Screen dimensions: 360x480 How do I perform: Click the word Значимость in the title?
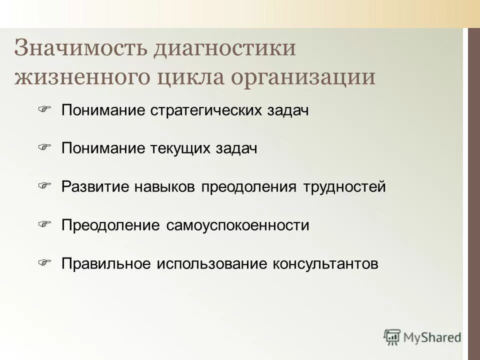click(80, 48)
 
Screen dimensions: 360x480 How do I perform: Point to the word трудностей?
click(345, 187)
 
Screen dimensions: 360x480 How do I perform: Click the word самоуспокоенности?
click(235, 225)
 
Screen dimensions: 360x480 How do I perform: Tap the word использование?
click(213, 264)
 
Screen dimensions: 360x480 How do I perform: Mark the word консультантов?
click(325, 264)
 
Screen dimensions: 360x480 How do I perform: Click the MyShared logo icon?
click(392, 337)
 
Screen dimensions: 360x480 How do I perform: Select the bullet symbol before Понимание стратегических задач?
click(45, 108)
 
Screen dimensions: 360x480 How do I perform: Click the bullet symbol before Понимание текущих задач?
click(45, 147)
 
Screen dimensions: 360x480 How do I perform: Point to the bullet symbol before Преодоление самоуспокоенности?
click(45, 224)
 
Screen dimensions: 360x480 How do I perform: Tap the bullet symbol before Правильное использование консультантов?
click(45, 262)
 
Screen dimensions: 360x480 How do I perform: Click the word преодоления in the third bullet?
click(251, 187)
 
